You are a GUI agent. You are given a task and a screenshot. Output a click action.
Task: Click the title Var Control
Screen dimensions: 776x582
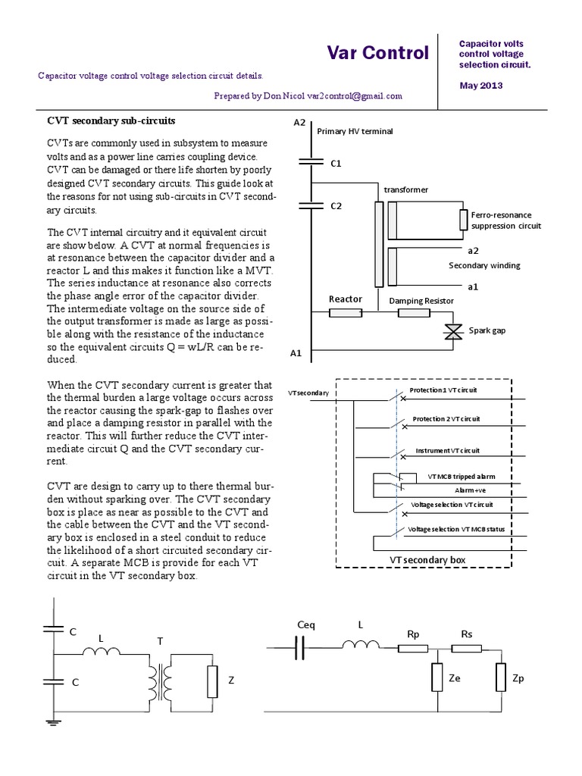tap(377, 53)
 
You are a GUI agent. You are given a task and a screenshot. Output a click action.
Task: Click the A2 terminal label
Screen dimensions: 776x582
tap(299, 123)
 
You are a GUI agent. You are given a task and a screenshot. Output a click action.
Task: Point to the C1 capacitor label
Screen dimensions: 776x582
tap(336, 163)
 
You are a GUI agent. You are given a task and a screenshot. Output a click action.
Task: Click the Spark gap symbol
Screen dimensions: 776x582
tap(453, 331)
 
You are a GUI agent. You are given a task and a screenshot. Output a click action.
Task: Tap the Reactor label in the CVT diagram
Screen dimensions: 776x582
tap(345, 299)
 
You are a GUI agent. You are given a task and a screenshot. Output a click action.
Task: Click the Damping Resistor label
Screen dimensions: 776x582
tap(421, 300)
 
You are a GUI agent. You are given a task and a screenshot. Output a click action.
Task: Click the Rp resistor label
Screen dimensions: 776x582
tap(413, 633)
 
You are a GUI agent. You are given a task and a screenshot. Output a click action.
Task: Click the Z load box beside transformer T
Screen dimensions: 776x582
tap(212, 681)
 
